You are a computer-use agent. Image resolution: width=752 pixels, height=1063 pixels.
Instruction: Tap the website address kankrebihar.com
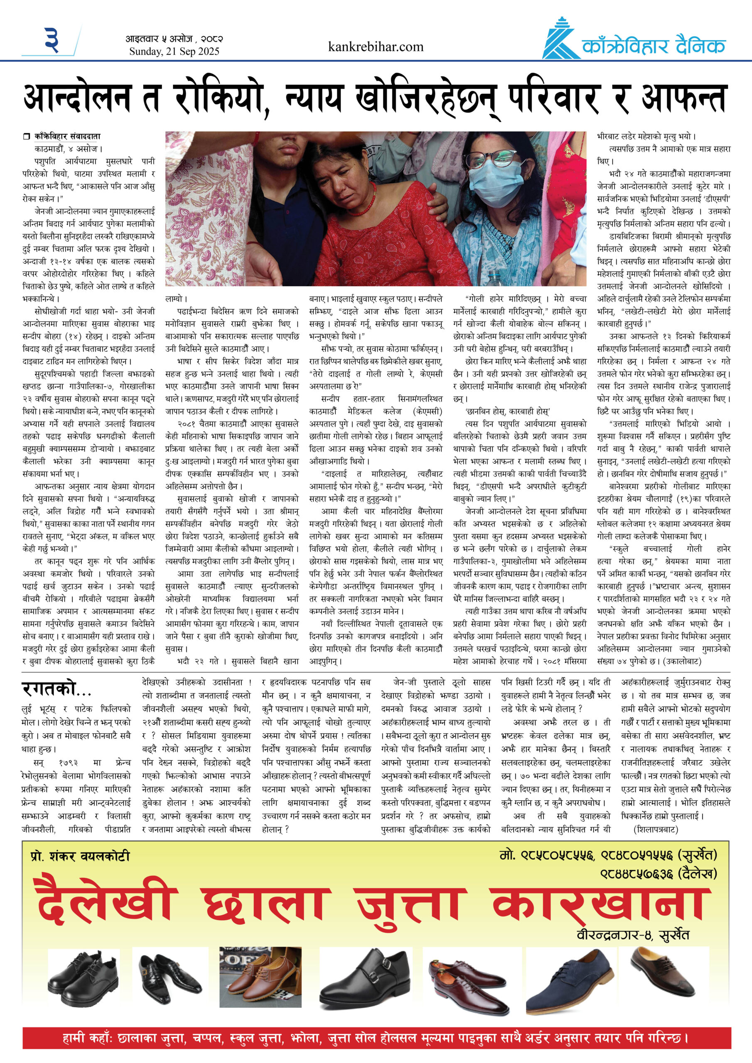click(375, 47)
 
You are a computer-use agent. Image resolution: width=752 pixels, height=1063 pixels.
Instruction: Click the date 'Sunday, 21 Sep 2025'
click(174, 51)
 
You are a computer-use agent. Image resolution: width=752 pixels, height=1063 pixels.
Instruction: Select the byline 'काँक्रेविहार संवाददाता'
click(67, 136)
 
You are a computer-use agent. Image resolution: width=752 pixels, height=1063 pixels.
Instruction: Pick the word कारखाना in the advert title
click(600, 901)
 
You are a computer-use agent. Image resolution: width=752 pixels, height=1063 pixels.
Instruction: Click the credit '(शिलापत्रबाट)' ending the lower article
click(656, 829)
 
